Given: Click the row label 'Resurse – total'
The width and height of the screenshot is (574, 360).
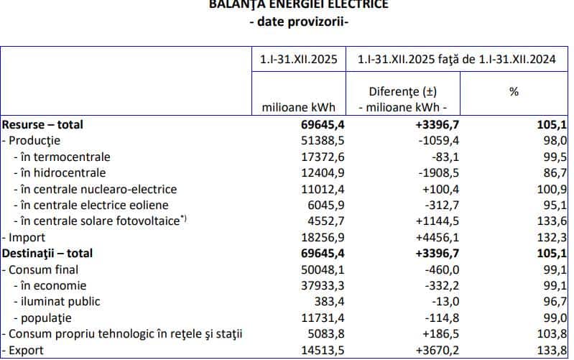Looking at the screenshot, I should point(42,124).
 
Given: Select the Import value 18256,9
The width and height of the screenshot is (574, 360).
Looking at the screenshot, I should point(313,237).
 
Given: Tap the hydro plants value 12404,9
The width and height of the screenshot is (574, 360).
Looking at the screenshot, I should point(313,172).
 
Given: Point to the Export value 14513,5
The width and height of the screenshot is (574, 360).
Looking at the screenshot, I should point(313,351).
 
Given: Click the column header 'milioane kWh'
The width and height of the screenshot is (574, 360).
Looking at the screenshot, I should point(299,108).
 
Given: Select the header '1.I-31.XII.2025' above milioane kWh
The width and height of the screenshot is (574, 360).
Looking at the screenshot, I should point(299,60).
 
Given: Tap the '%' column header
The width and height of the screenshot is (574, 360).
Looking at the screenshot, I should point(514,91).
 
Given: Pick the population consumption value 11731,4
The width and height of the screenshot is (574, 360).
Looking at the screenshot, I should point(313,318).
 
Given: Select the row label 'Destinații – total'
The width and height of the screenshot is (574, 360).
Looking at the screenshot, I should point(47,253).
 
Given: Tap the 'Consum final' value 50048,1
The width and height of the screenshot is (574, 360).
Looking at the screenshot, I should point(313,269).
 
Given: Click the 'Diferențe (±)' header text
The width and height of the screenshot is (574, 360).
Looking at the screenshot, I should point(402,91).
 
